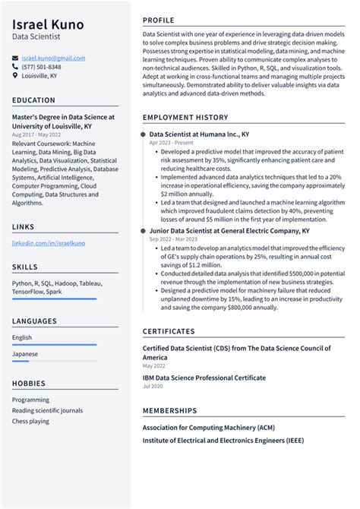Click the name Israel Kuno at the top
coord(49,24)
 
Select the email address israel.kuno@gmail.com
coord(53,58)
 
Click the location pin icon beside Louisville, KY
coord(15,76)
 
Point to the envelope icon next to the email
coord(15,58)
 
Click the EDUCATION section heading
coord(33,100)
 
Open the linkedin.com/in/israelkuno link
coord(49,243)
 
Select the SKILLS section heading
coord(26,267)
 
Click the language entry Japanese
coord(24,354)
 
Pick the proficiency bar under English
coord(54,345)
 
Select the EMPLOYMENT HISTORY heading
coord(185,118)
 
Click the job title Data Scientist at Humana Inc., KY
coord(199,134)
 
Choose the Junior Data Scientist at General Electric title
coord(229,229)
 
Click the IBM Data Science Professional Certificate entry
coord(204,378)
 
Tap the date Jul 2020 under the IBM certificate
coord(153,387)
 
